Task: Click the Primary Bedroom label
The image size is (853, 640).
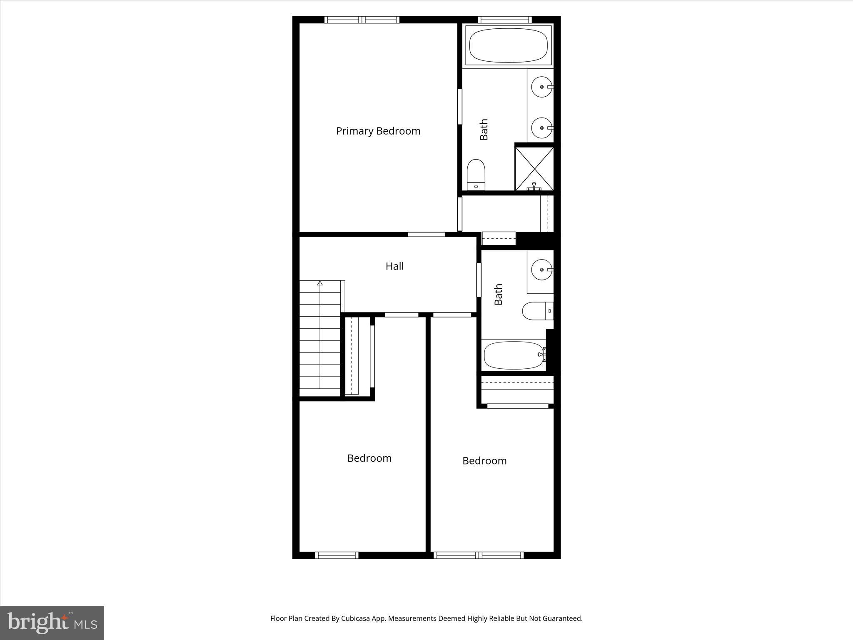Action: [x=378, y=131]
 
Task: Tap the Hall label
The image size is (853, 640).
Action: [x=394, y=266]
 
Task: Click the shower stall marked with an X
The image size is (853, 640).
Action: [x=534, y=168]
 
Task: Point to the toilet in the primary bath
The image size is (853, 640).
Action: [x=476, y=174]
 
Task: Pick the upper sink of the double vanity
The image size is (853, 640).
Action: [x=541, y=87]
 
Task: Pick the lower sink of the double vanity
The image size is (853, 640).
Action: [x=541, y=128]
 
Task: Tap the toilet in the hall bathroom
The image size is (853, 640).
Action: [x=537, y=311]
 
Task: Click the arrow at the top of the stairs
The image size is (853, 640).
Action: [x=320, y=283]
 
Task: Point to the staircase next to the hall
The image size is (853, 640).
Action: [x=320, y=340]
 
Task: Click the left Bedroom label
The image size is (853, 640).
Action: [x=369, y=458]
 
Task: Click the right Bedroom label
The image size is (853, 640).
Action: [x=484, y=460]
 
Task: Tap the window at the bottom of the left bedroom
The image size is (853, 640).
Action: [x=337, y=555]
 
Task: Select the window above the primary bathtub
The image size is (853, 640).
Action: [x=504, y=20]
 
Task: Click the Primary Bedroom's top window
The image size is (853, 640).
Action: [x=362, y=20]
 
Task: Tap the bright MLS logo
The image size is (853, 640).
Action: [x=52, y=622]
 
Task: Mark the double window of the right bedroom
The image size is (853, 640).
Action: [x=478, y=555]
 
